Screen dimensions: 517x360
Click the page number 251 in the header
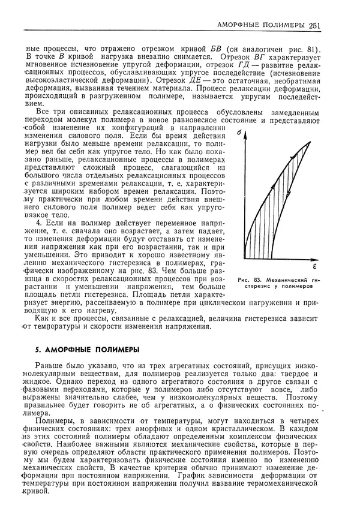(x=316, y=25)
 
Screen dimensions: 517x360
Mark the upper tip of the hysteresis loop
(x=311, y=142)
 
